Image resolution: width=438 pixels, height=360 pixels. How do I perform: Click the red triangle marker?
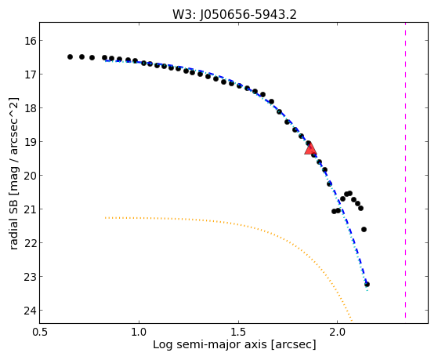310,149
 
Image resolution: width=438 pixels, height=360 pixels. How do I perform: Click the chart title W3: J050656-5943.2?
234,15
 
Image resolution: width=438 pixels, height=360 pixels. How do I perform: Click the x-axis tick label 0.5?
40,333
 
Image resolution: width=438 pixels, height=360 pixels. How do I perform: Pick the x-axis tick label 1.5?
238,333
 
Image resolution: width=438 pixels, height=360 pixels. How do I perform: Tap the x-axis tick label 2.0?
338,333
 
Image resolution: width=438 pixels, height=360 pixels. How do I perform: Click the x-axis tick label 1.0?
139,333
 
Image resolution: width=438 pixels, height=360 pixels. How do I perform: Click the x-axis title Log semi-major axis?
210,344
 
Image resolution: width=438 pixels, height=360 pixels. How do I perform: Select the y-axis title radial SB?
13,220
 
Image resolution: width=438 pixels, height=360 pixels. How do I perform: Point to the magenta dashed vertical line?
405,170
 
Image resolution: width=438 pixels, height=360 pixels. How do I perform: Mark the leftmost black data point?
70,56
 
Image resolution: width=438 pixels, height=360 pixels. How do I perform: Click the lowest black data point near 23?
367,284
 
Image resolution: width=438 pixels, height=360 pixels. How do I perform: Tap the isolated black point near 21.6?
364,229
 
